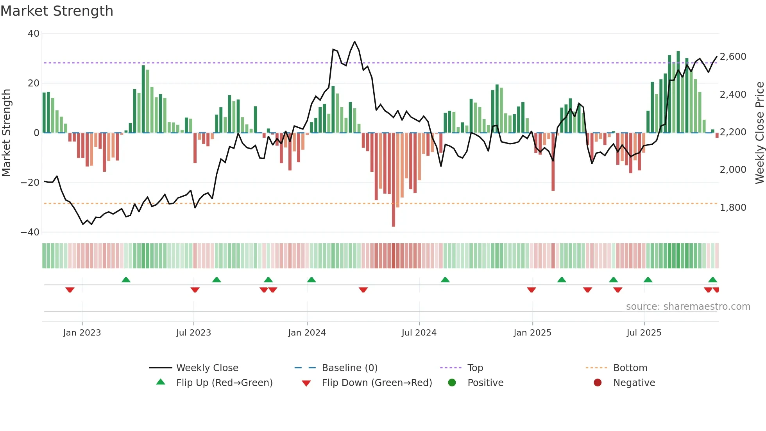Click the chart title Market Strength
(57, 11)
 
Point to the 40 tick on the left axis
(34, 34)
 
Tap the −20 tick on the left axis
(30, 183)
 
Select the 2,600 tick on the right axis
(733, 57)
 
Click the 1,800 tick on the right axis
(733, 208)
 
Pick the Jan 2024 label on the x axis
(307, 333)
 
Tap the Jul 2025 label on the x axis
(644, 333)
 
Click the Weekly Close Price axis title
(759, 133)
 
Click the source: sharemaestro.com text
(688, 307)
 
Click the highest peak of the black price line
(354, 42)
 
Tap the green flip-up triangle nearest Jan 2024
(311, 280)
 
